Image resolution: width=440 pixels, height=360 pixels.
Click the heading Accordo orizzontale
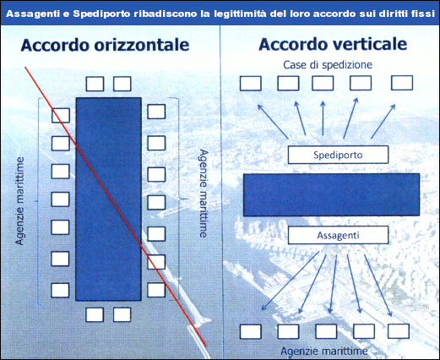[105, 45]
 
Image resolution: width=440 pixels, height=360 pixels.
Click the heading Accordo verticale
[333, 44]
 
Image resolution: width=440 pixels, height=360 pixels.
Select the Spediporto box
[338, 155]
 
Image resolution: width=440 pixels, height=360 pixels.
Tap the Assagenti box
[338, 235]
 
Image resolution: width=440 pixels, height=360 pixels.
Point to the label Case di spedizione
[328, 65]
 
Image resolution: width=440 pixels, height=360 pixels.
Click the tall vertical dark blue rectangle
[109, 199]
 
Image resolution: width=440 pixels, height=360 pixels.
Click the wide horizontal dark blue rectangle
[331, 194]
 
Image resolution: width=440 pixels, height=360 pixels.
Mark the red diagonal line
[116, 206]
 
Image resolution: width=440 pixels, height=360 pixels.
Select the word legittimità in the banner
[240, 14]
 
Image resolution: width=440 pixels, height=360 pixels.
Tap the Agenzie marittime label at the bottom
[324, 351]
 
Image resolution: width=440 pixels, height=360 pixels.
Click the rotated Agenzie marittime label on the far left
[19, 201]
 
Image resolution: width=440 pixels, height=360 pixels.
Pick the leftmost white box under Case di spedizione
[251, 83]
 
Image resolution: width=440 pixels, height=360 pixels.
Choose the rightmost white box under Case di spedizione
[402, 83]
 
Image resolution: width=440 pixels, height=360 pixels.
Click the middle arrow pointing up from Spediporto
[323, 118]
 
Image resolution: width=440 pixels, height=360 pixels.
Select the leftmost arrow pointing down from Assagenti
[291, 281]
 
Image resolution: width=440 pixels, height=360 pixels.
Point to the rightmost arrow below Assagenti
[378, 286]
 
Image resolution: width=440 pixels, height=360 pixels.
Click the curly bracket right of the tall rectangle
[180, 199]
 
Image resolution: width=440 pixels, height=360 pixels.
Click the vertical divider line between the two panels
[220, 192]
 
